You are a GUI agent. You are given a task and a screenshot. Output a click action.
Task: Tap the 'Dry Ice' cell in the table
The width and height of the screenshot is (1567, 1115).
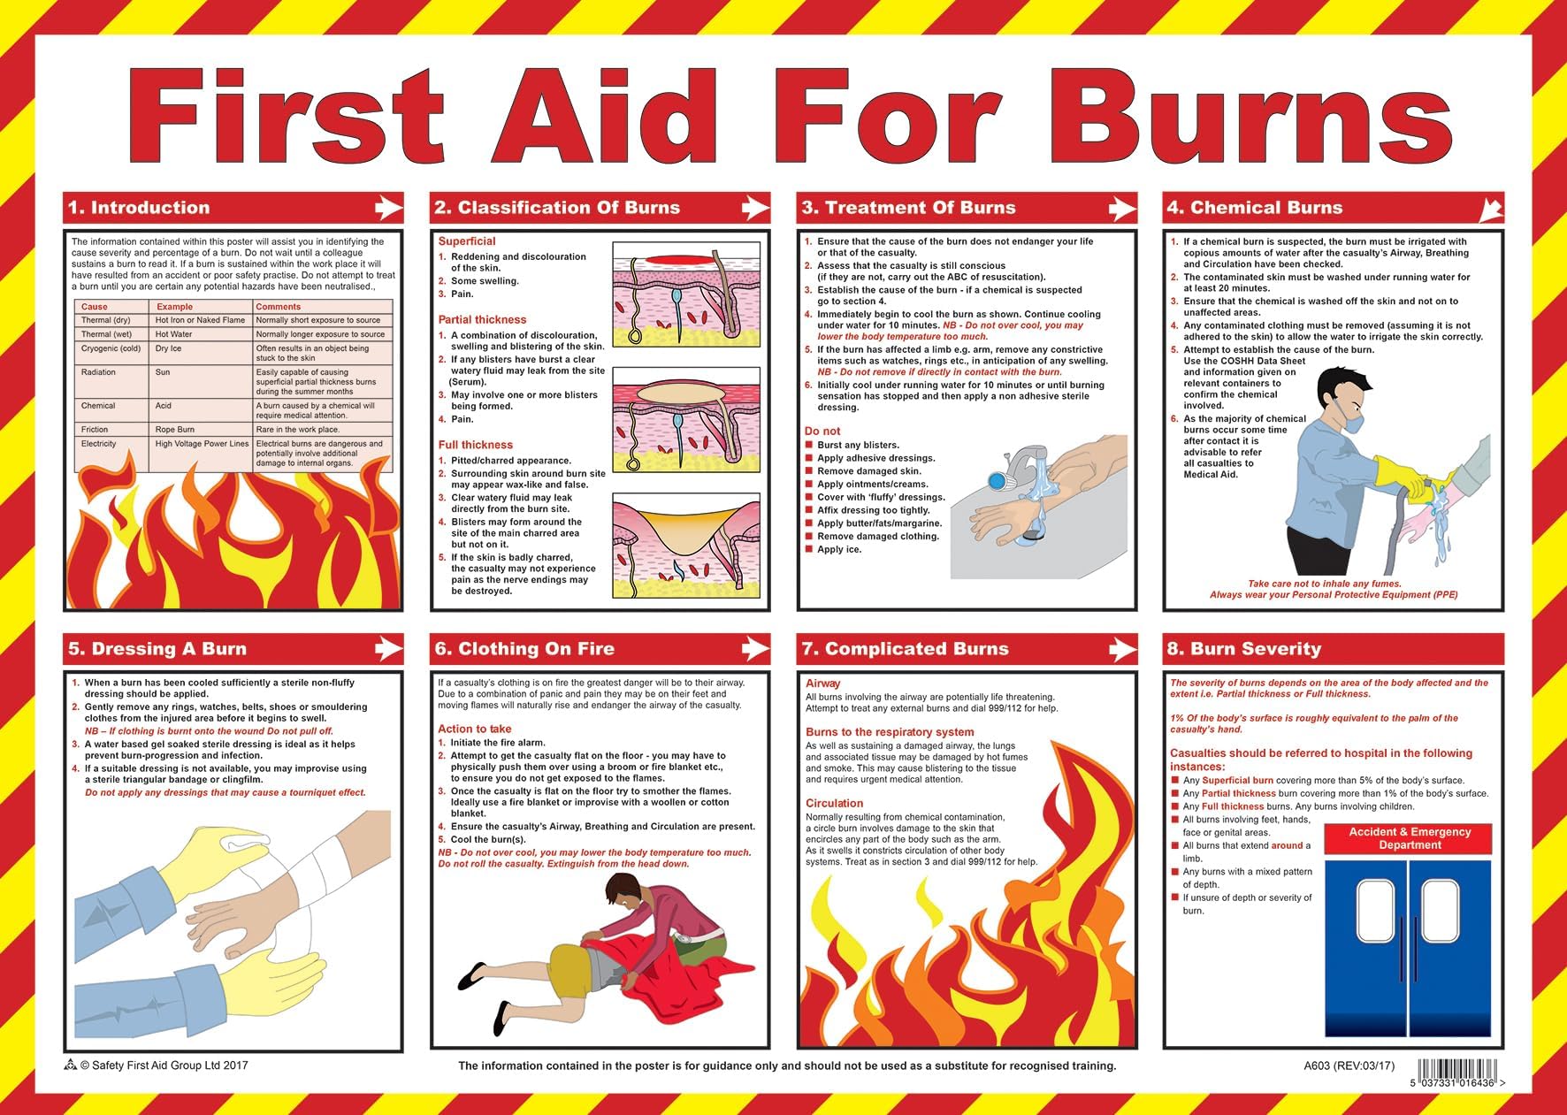click(168, 348)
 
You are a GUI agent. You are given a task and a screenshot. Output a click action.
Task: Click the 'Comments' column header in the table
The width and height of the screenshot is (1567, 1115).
click(278, 307)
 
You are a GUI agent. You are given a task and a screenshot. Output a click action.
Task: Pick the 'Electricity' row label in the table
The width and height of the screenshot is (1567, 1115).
click(98, 444)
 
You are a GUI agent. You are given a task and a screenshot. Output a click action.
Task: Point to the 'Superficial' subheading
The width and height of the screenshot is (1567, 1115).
click(467, 241)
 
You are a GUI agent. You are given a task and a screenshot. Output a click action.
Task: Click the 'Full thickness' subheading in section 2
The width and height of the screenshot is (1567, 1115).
click(475, 445)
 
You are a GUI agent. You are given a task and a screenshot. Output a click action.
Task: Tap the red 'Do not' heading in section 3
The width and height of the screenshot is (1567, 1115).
click(822, 431)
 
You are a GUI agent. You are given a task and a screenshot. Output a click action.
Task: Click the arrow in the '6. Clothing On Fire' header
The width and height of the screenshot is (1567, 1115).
click(753, 649)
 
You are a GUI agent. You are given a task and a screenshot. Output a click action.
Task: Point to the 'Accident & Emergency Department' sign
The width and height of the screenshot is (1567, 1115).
click(1410, 838)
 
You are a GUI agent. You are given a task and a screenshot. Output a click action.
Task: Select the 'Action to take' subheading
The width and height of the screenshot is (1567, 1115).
click(474, 729)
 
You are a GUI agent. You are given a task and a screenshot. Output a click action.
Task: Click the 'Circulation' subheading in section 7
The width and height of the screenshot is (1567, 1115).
click(834, 803)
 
